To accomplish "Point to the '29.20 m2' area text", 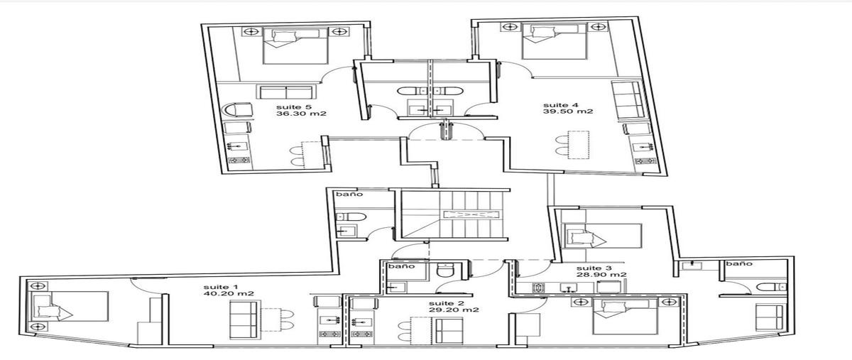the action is point(454,310).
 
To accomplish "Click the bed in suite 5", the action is point(295,45).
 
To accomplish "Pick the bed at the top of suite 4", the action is point(555,41).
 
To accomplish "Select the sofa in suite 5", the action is point(287,92).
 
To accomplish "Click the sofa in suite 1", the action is point(244,320).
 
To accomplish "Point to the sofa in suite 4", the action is point(628,100).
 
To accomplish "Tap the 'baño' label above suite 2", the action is point(401,266).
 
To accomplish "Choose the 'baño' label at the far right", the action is point(739,263).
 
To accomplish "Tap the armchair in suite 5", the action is point(237,110).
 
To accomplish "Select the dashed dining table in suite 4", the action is point(579,145).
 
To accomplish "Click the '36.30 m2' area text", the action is point(301,114).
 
